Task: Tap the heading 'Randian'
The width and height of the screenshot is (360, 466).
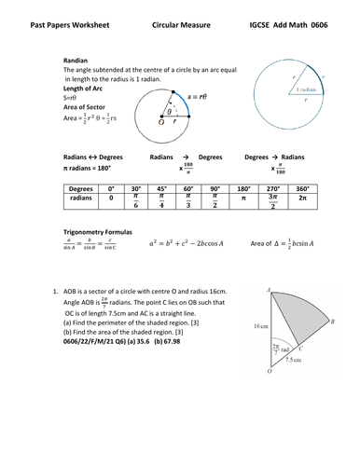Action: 76,59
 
